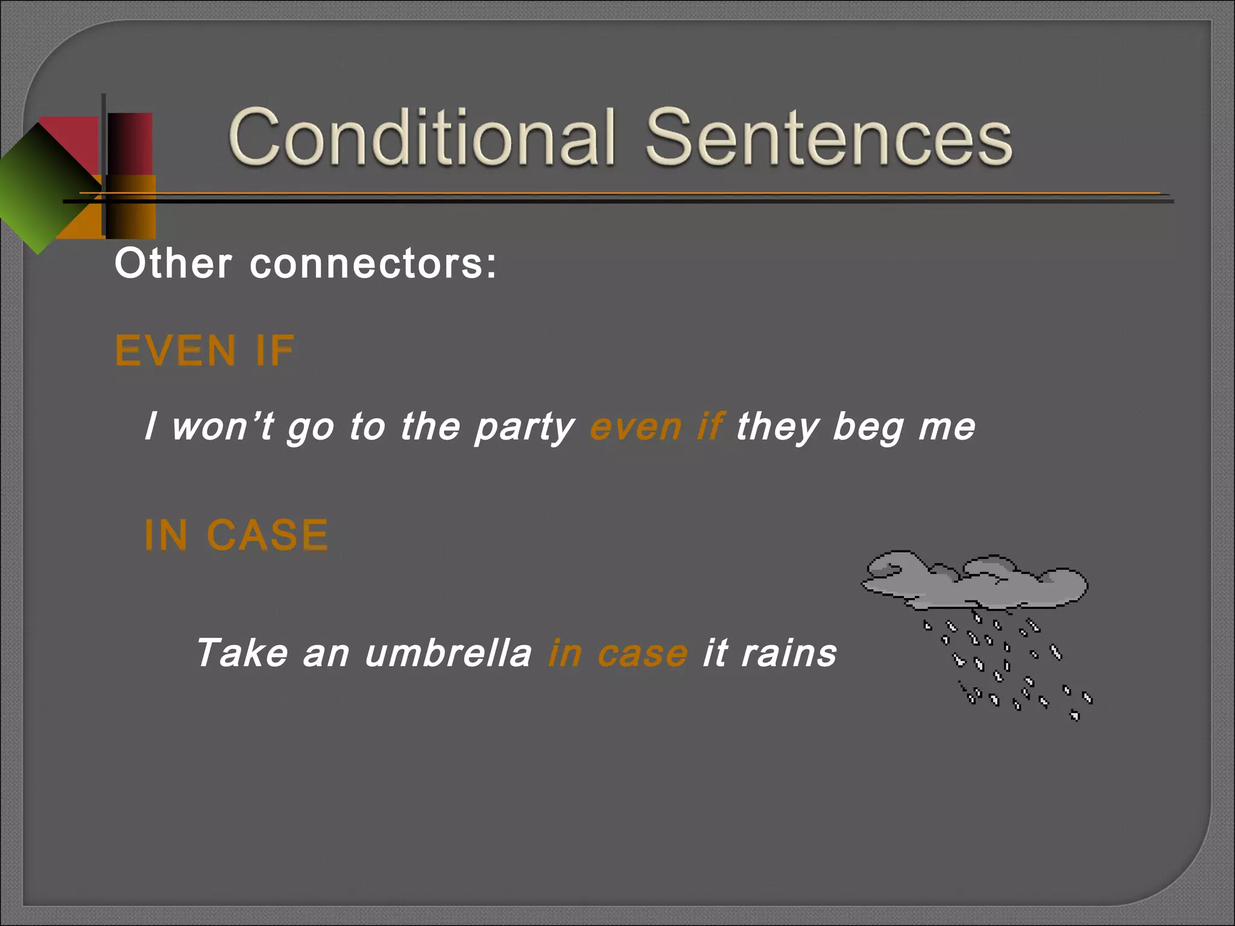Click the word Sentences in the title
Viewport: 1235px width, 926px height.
[829, 137]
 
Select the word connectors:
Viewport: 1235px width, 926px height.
[373, 264]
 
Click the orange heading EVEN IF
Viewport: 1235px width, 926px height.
[205, 351]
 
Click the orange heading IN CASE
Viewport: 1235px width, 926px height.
[236, 535]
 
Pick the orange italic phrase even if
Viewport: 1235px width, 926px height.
[656, 427]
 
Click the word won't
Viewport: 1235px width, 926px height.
[223, 427]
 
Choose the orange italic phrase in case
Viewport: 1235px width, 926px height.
[617, 653]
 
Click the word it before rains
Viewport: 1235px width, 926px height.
[715, 653]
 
